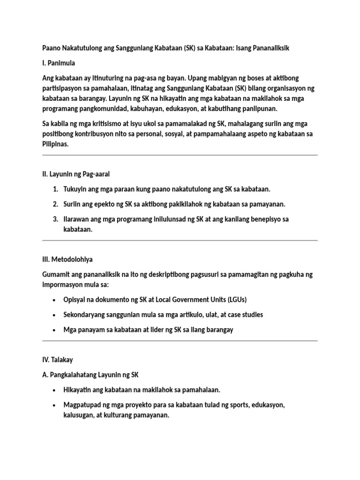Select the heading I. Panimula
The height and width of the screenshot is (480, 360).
coord(59,62)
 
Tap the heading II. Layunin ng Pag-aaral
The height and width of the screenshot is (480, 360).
coord(76,174)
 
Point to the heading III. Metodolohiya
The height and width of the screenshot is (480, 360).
coord(70,259)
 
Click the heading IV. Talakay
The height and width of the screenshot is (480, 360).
coord(57,360)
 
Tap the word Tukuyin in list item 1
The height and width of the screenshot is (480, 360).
coord(76,189)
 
